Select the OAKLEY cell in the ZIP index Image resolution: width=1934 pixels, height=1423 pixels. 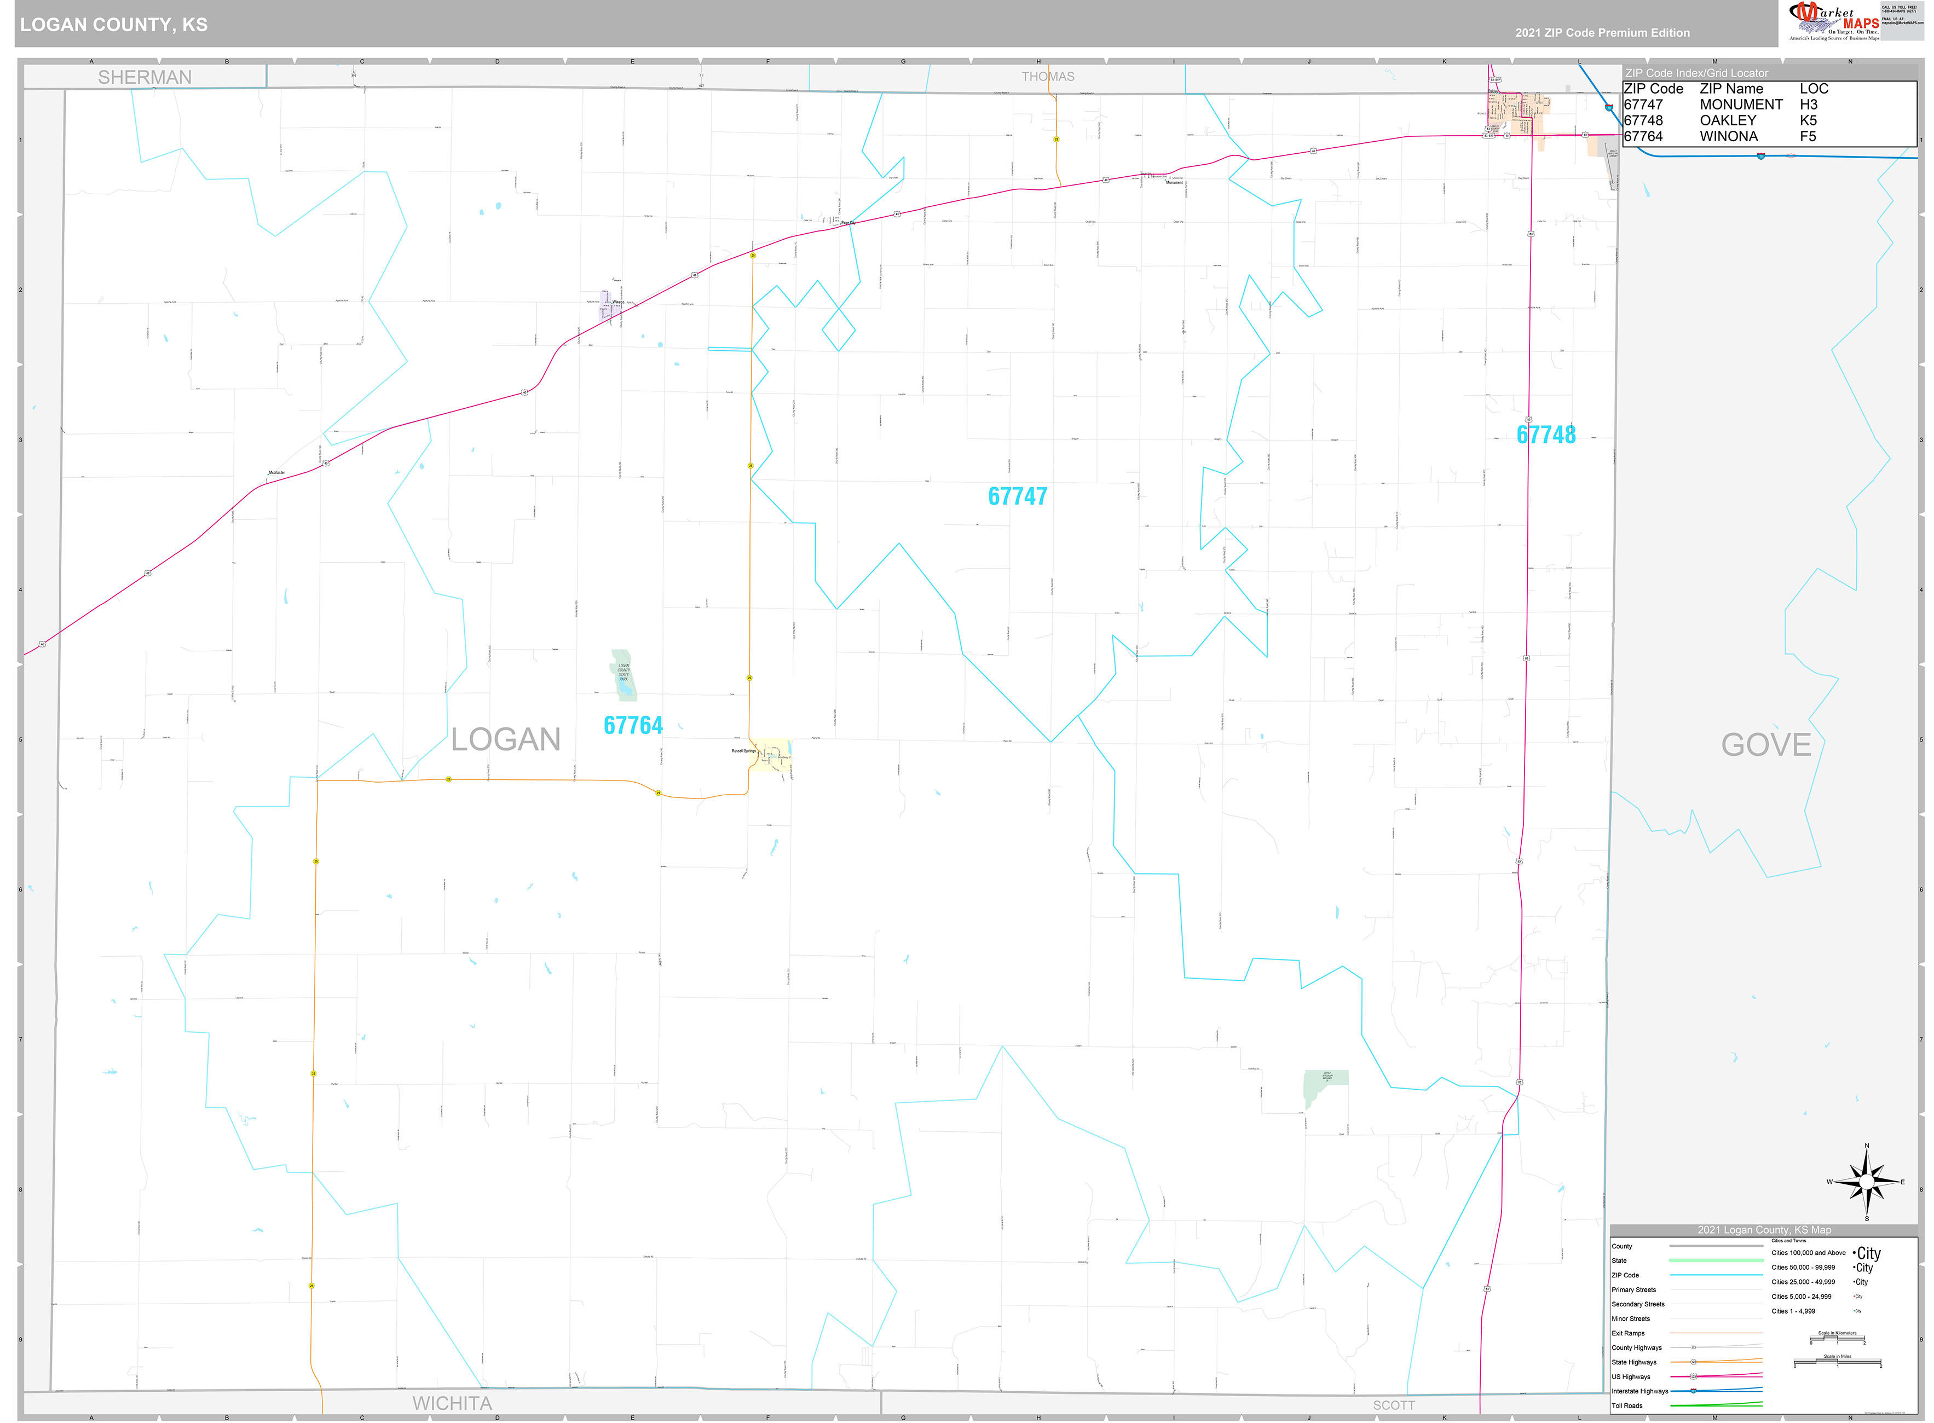pyautogui.click(x=1727, y=120)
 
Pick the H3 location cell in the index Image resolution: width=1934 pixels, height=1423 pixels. pyautogui.click(x=1808, y=104)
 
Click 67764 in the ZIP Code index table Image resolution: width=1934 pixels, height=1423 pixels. pyautogui.click(x=1643, y=136)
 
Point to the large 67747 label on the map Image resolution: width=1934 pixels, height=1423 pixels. pyautogui.click(x=1018, y=496)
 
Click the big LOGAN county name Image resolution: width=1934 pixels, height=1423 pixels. pyautogui.click(x=506, y=739)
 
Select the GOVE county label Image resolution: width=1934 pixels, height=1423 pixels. pyautogui.click(x=1766, y=745)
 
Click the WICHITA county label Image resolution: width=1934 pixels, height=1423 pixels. pyautogui.click(x=452, y=1403)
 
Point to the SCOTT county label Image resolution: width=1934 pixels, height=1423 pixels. pyautogui.click(x=1393, y=1405)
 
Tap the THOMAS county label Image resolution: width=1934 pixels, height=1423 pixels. pyautogui.click(x=1048, y=77)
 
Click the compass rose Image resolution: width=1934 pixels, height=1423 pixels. pyautogui.click(x=1866, y=1182)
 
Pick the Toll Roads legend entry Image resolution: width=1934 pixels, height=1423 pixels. pyautogui.click(x=1627, y=1406)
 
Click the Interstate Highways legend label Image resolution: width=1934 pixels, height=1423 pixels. pyautogui.click(x=1640, y=1391)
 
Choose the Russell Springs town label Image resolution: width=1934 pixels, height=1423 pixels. pyautogui.click(x=743, y=751)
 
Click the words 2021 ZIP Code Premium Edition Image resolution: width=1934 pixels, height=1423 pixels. pyautogui.click(x=1602, y=33)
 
